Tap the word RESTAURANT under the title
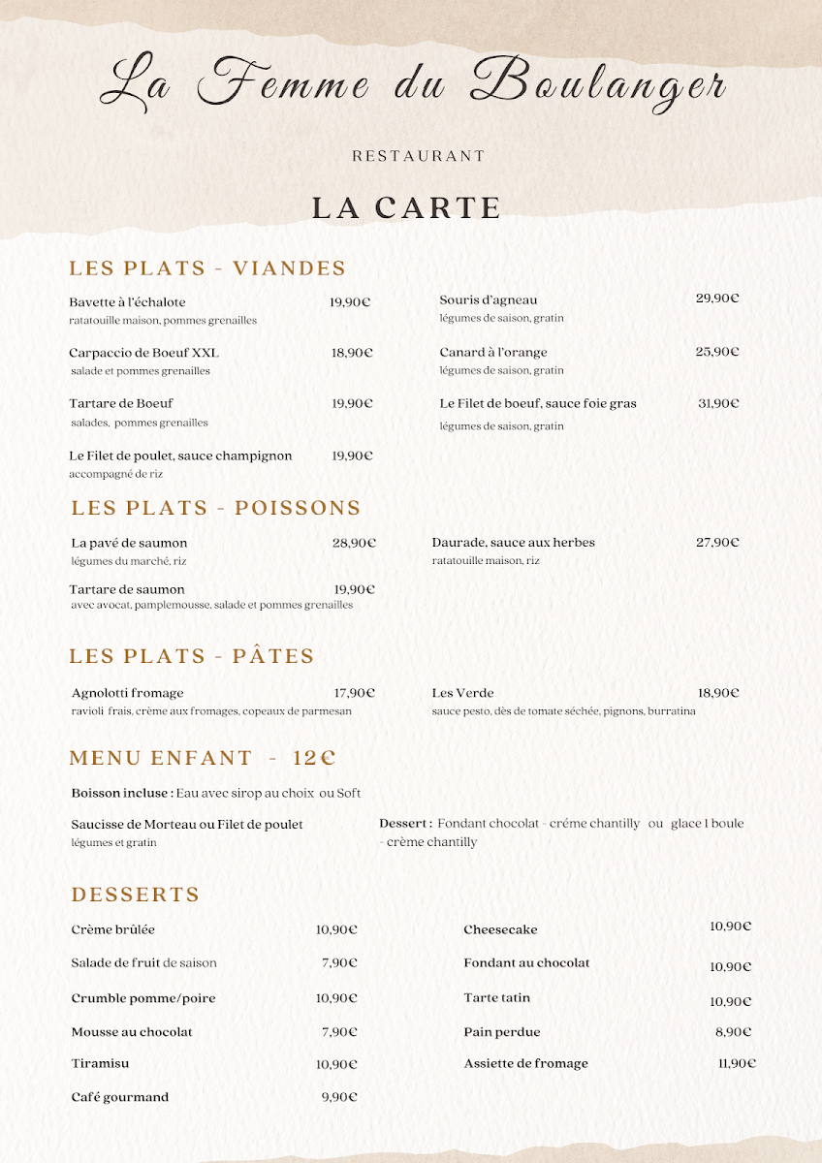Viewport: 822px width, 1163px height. pos(418,156)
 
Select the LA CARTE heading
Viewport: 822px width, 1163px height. pos(407,208)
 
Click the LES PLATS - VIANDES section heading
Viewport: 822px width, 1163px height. pos(207,268)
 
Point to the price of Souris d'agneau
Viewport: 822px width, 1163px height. pos(717,299)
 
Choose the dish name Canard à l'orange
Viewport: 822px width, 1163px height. pos(493,352)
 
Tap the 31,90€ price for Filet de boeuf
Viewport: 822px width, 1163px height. pos(718,403)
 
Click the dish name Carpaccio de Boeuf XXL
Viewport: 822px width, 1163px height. pos(144,353)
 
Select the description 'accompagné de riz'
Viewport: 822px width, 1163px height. pos(115,474)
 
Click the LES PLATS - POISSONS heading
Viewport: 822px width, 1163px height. pos(216,508)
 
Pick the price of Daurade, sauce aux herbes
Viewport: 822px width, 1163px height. pos(717,543)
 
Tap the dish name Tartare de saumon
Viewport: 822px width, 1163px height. pos(127,589)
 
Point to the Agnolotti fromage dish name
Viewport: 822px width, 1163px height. pos(127,693)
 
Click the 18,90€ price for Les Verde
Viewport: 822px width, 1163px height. pos(718,693)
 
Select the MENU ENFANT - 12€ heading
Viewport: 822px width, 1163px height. pos(203,758)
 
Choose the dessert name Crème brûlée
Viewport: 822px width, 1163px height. pos(113,929)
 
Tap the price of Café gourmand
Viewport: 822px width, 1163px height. pos(339,1097)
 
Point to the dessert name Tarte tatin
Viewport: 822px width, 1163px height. pos(497,997)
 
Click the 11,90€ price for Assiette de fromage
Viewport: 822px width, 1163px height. pos(737,1063)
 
